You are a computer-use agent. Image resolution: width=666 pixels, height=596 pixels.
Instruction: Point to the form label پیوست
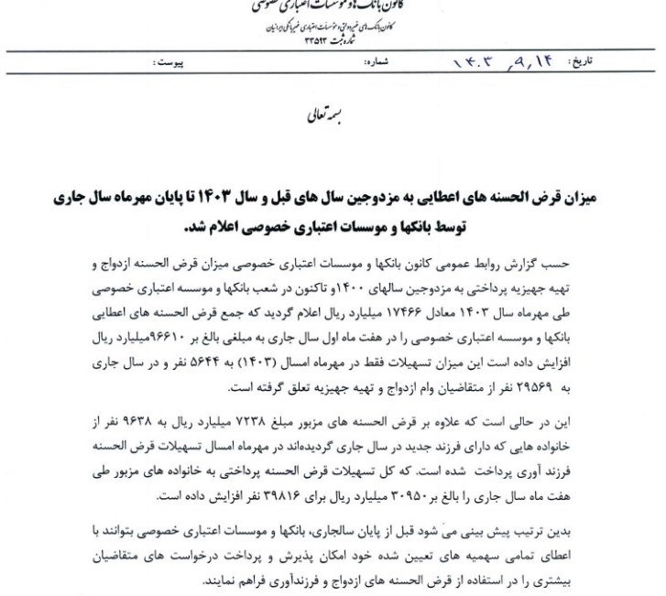[169, 66]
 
